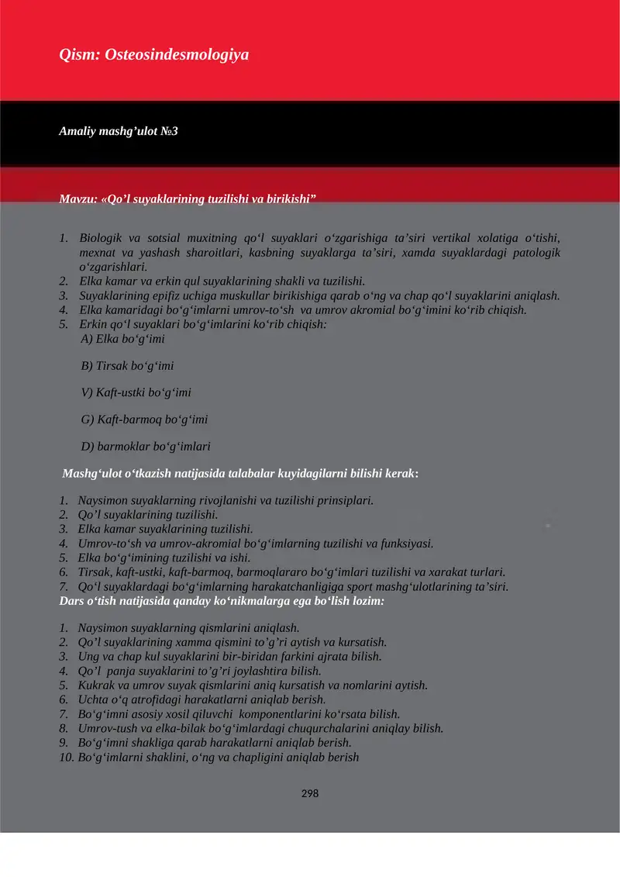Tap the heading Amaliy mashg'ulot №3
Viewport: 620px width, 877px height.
click(x=119, y=131)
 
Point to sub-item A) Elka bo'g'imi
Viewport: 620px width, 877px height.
click(x=122, y=339)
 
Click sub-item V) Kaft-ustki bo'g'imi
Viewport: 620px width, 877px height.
click(x=136, y=392)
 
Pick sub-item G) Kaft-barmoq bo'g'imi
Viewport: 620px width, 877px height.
click(x=144, y=420)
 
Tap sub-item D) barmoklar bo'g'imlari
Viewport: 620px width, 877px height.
click(x=146, y=447)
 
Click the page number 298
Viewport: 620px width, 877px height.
click(x=310, y=793)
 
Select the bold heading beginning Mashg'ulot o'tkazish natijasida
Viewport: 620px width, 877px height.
click(x=240, y=472)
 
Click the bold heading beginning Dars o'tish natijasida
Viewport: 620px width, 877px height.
click(x=222, y=601)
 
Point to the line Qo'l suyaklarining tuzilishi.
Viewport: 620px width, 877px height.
click(x=147, y=515)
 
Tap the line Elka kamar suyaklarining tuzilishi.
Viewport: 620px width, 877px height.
click(x=165, y=529)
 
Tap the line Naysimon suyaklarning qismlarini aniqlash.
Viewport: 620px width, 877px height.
click(x=188, y=628)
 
